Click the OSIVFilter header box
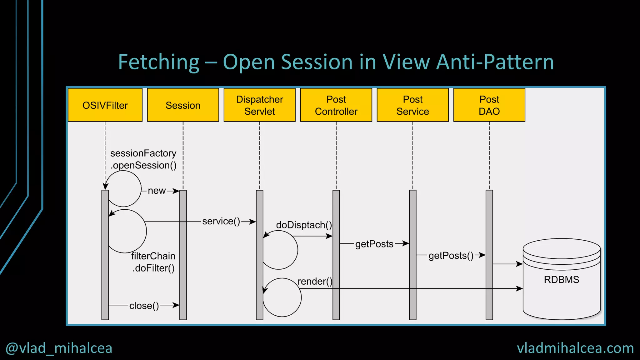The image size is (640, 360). click(105, 105)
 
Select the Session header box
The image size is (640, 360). click(183, 105)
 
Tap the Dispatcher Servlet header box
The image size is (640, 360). click(259, 105)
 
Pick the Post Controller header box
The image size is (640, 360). click(336, 105)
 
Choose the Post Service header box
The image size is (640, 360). click(412, 105)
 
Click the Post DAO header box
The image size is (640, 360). click(489, 105)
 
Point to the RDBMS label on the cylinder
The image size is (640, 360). click(561, 279)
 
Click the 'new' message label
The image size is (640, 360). click(157, 191)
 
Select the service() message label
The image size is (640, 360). click(221, 221)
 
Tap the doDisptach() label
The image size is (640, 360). click(304, 225)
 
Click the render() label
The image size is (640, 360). click(315, 282)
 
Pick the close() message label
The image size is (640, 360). click(144, 306)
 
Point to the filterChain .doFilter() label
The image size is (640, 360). click(153, 262)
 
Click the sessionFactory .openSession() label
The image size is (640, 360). click(143, 159)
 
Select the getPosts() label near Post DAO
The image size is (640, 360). click(451, 256)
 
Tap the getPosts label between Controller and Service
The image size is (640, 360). click(374, 244)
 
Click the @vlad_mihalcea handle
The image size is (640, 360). click(59, 348)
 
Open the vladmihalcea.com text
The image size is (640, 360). click(575, 348)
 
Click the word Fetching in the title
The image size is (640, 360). click(159, 62)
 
